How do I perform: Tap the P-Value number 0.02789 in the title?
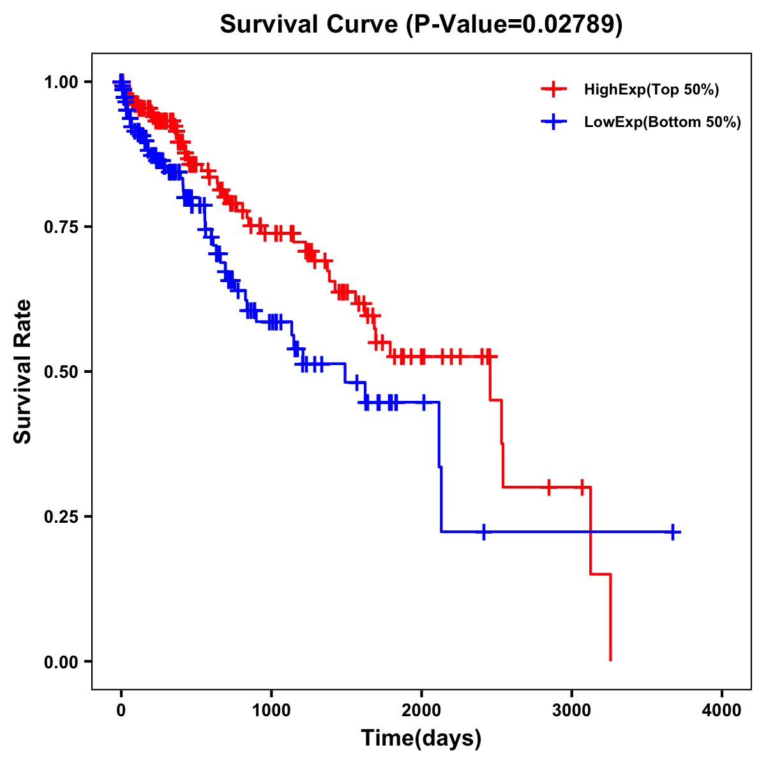(x=569, y=24)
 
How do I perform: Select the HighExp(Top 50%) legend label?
(x=651, y=90)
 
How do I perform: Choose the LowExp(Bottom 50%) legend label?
(x=663, y=123)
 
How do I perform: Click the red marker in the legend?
(x=553, y=90)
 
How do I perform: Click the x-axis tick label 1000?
(x=271, y=710)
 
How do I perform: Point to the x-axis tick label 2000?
(x=421, y=710)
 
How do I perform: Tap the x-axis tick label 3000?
(x=572, y=710)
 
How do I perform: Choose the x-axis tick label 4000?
(x=722, y=710)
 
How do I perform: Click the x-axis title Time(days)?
(x=421, y=739)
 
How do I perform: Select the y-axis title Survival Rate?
(x=23, y=372)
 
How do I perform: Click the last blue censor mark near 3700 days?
(x=673, y=532)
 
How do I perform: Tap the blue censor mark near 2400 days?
(x=484, y=532)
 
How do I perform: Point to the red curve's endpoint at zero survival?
(x=611, y=660)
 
